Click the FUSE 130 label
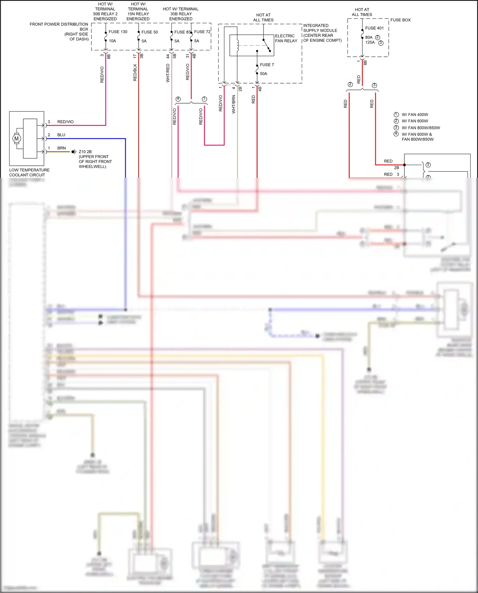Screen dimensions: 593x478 pos(118,32)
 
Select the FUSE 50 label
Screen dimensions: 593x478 pos(149,32)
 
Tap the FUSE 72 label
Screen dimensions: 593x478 pos(202,32)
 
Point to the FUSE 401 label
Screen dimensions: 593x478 pos(374,28)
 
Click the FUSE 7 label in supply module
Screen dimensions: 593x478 pos(267,65)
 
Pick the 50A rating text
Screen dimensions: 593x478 pos(264,74)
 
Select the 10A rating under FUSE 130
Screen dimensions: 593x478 pos(112,41)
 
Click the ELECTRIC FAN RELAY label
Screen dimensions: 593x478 pos(286,38)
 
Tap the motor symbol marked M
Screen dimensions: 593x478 pos(17,139)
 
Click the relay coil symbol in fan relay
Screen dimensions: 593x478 pos(237,45)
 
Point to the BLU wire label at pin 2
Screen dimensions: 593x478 pos(61,135)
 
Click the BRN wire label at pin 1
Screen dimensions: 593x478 pos(62,148)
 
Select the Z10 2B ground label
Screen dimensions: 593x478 pos(85,152)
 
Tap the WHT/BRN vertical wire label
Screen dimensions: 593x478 pos(234,104)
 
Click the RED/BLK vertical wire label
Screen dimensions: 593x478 pos(135,73)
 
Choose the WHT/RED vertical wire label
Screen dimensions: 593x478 pos(168,73)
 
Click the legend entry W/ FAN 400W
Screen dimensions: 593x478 pos(415,115)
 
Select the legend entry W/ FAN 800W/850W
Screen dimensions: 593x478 pos(421,128)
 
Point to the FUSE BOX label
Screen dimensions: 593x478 pos(400,20)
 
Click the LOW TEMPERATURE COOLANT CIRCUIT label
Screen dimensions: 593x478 pos(29,172)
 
